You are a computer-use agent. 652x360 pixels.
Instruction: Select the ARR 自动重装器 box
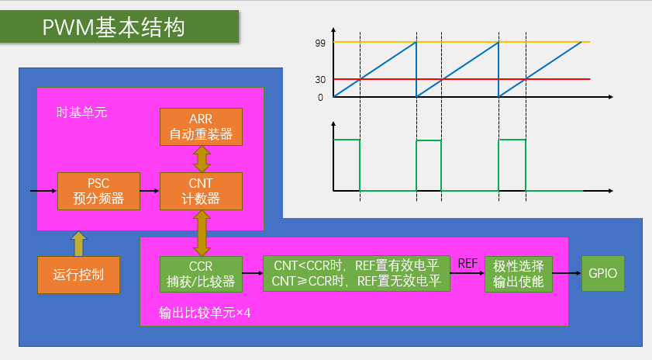point(201,126)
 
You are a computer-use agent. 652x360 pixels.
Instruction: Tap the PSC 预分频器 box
point(98,191)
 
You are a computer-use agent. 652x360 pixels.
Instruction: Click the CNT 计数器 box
point(201,191)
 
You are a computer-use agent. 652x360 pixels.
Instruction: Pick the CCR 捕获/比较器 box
point(201,274)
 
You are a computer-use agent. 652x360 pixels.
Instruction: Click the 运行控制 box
point(78,275)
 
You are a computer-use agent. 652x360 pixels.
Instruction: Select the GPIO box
point(602,274)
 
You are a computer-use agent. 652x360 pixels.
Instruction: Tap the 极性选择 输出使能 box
point(519,273)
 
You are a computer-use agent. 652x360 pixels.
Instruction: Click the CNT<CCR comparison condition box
point(357,274)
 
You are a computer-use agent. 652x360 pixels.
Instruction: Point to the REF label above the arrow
point(467,263)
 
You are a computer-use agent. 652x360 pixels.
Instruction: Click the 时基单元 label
point(81,112)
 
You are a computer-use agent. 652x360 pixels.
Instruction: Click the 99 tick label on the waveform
point(320,43)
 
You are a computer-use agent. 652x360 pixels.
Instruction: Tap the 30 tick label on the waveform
point(320,79)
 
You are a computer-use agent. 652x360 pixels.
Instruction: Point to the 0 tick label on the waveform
point(320,98)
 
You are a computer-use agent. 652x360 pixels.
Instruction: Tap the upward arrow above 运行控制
point(78,243)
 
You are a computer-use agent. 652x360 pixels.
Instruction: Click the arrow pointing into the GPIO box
point(567,274)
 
